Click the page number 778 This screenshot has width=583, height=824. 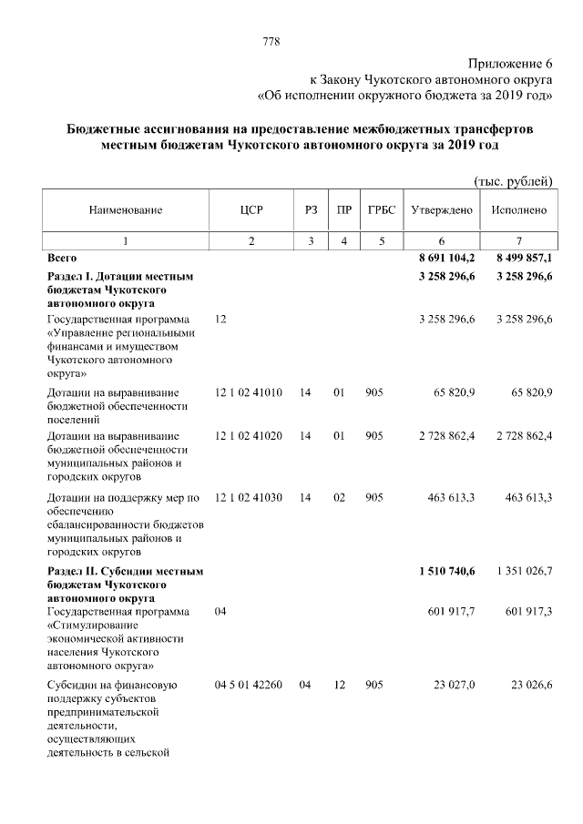(x=271, y=42)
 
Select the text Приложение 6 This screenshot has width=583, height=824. (x=511, y=63)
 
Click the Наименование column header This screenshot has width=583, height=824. (x=126, y=210)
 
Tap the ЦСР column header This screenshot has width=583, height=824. (x=251, y=210)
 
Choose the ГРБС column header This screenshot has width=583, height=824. (x=381, y=210)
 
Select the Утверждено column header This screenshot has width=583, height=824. (x=442, y=210)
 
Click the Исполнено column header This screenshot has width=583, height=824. (x=518, y=210)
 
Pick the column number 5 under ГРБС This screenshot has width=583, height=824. (x=381, y=241)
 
